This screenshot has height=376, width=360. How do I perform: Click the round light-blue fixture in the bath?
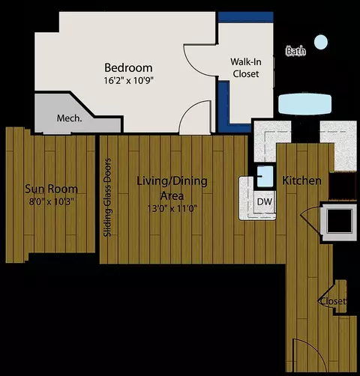point(321,43)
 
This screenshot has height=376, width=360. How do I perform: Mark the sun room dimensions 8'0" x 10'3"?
point(49,201)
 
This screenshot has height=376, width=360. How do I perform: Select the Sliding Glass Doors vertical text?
point(108,197)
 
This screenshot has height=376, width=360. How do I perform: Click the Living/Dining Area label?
point(172,188)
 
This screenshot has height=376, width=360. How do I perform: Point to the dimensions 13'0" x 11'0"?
point(171,210)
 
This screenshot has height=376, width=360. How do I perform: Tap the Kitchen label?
point(301,181)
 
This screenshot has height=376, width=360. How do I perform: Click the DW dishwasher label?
point(264,201)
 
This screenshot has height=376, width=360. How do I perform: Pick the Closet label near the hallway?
point(332,301)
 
